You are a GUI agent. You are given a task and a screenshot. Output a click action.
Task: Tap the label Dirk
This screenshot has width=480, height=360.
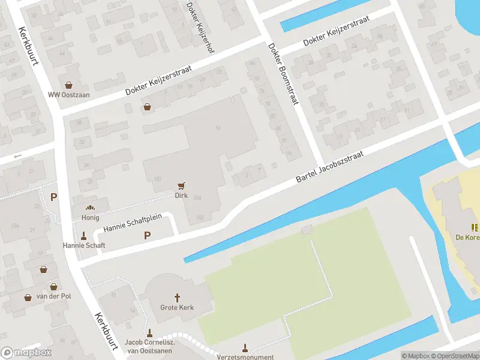[181, 196]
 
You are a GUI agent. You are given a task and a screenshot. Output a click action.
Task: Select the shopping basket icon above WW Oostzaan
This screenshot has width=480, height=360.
[69, 85]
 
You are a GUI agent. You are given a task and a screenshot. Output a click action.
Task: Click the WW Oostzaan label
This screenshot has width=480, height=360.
[69, 95]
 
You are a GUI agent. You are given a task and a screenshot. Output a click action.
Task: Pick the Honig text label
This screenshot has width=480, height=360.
[91, 217]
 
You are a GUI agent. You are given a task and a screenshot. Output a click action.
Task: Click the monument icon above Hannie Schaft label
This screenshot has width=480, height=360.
[84, 235]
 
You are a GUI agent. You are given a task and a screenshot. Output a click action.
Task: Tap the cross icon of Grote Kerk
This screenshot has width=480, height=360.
[178, 298]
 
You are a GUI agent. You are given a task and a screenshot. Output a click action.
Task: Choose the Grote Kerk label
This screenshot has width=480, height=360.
[178, 308]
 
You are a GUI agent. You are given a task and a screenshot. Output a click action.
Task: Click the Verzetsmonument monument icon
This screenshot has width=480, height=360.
[244, 348]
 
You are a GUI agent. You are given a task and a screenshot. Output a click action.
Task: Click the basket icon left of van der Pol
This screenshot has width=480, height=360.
[28, 296]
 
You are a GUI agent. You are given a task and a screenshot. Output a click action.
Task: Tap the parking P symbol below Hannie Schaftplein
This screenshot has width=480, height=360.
[147, 236]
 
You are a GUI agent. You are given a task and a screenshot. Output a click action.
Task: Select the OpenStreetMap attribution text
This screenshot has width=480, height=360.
[454, 356]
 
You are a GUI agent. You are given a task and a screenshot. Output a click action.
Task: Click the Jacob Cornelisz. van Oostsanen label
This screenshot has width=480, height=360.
[149, 346]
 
